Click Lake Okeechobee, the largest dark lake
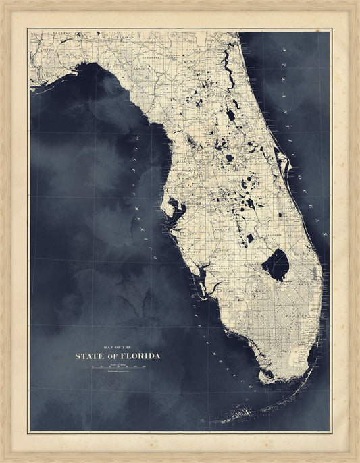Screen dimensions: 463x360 (x=275, y=264)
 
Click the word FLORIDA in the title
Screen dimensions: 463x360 (x=138, y=356)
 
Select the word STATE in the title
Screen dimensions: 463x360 (x=90, y=356)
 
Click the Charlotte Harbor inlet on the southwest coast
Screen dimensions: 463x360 (x=202, y=277)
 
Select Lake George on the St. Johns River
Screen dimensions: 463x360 (x=231, y=115)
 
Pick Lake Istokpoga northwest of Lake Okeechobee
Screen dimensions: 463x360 (x=250, y=238)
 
